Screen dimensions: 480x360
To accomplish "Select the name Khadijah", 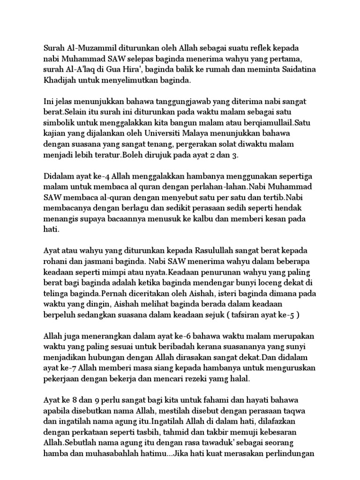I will (61, 81).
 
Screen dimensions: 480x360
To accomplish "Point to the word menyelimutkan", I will (136, 81).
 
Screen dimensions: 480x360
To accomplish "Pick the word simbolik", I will (59, 122).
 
